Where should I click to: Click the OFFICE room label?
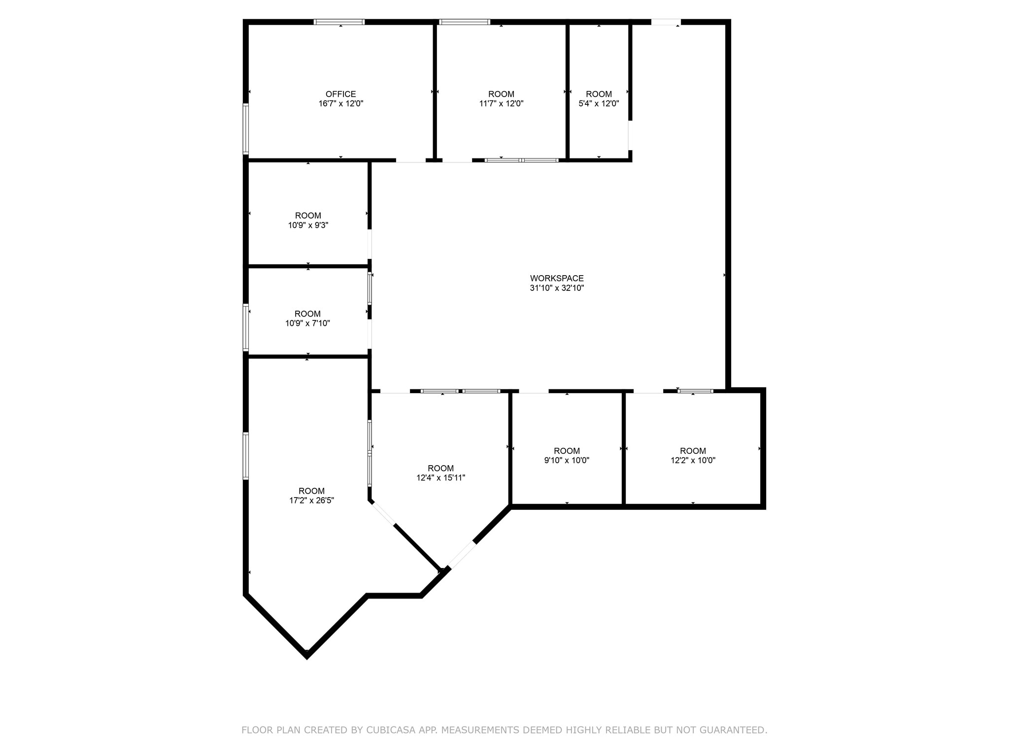click(340, 94)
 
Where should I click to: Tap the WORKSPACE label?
click(557, 278)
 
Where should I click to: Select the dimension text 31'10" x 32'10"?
click(557, 288)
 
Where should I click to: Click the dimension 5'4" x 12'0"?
click(599, 104)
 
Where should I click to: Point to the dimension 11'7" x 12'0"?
click(501, 104)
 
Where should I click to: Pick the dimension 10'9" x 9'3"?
click(308, 225)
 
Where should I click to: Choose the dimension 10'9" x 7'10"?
click(307, 323)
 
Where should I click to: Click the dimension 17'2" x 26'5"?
click(311, 501)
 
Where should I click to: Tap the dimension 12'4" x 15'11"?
click(440, 477)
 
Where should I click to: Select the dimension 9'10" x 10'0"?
click(567, 461)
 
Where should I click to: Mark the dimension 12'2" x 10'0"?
click(693, 461)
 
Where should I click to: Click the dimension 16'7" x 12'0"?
click(340, 104)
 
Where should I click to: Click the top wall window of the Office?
click(339, 22)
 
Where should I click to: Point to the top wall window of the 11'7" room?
click(465, 22)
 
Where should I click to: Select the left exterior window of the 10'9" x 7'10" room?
click(246, 328)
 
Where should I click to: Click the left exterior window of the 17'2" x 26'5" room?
click(246, 456)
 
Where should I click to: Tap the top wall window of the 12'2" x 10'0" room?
click(695, 391)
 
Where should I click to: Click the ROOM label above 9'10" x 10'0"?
click(567, 451)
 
